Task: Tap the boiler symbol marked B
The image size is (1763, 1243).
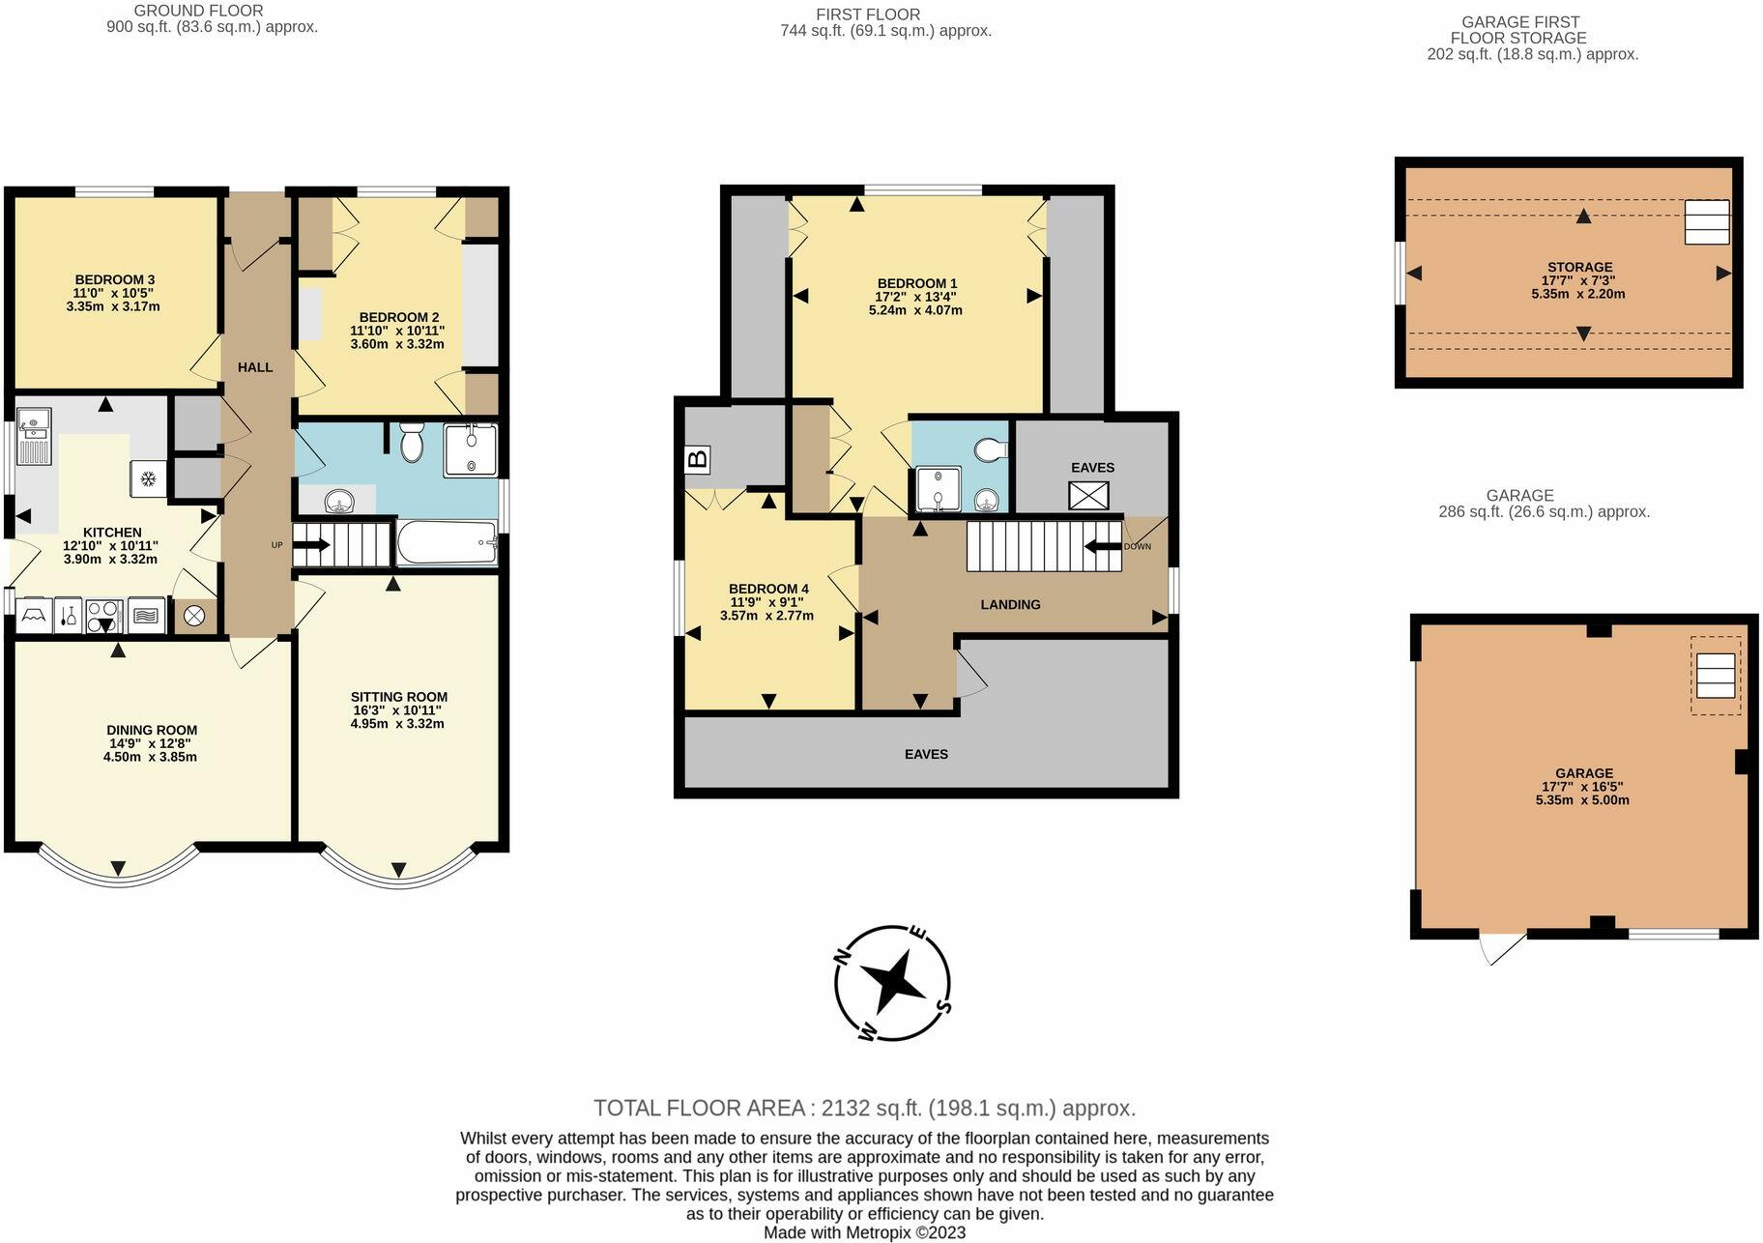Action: tap(697, 459)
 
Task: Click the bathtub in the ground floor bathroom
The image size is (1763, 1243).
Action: tap(446, 543)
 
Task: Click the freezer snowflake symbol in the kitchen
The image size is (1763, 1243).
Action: tap(149, 478)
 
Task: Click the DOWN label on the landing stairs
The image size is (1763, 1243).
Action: tap(1137, 547)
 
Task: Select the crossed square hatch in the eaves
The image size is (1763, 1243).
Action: tap(1088, 496)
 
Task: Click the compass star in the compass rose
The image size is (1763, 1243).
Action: tap(892, 983)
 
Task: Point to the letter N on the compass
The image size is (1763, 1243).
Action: tap(843, 957)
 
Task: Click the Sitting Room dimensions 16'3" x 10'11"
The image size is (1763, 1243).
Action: tap(398, 710)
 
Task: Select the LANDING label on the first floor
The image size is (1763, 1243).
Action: tap(1010, 605)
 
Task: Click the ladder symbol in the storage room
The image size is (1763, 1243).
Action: tap(1706, 222)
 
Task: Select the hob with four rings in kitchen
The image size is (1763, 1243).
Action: tap(102, 616)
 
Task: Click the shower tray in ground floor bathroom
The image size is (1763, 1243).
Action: tap(471, 449)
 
